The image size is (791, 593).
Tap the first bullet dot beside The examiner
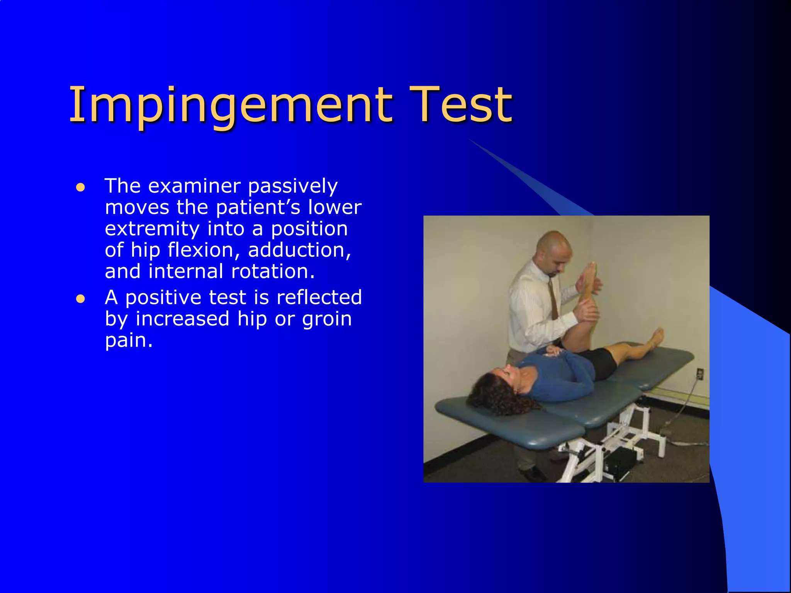[80, 188]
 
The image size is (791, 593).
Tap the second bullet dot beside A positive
[80, 299]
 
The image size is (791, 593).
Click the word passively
[293, 187]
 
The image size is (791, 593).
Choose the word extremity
[152, 229]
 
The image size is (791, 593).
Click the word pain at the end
[128, 341]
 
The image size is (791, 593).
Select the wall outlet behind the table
[699, 373]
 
